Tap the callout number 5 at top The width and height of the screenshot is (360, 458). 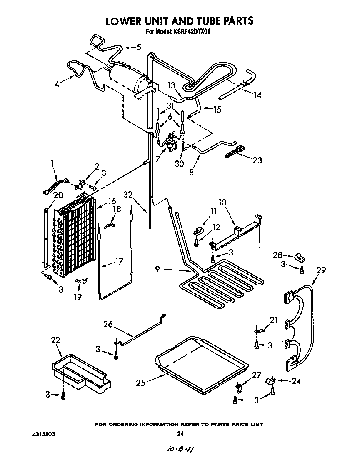click(x=139, y=47)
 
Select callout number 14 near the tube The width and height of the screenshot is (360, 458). click(x=257, y=95)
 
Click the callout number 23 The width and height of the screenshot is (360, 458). click(x=257, y=160)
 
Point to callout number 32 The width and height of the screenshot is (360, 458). click(x=128, y=194)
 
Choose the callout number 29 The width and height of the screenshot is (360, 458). click(x=320, y=270)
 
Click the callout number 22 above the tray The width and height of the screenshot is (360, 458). click(x=55, y=340)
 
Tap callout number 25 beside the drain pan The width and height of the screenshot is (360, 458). click(x=141, y=382)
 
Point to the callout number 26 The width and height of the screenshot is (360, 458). click(x=108, y=323)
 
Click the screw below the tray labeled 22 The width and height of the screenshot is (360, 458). click(x=63, y=395)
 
